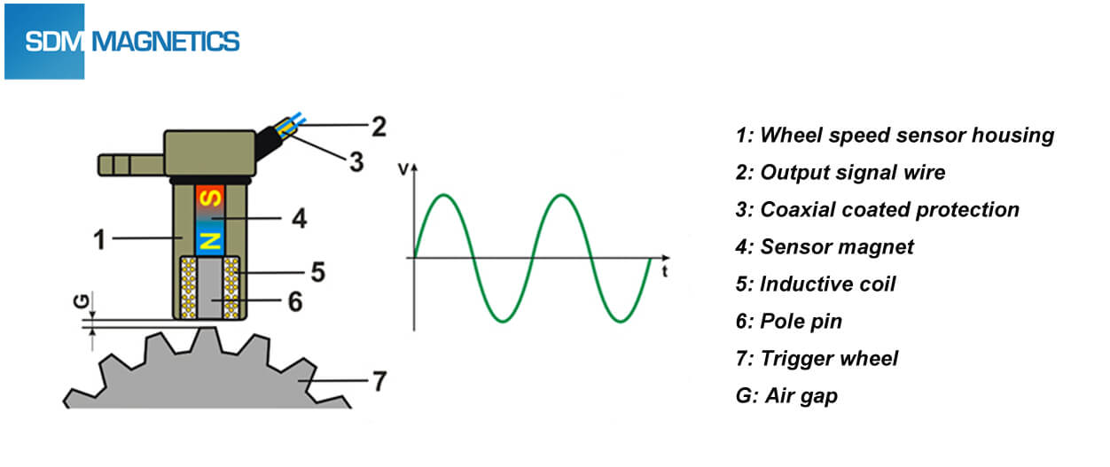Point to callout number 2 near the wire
point(379,127)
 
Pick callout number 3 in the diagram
point(355,163)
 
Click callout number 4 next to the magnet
point(300,218)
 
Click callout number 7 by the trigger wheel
point(379,382)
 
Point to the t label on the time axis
point(663,273)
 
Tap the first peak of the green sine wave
point(445,195)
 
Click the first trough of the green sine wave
point(502,320)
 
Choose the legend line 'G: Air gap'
point(786,395)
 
